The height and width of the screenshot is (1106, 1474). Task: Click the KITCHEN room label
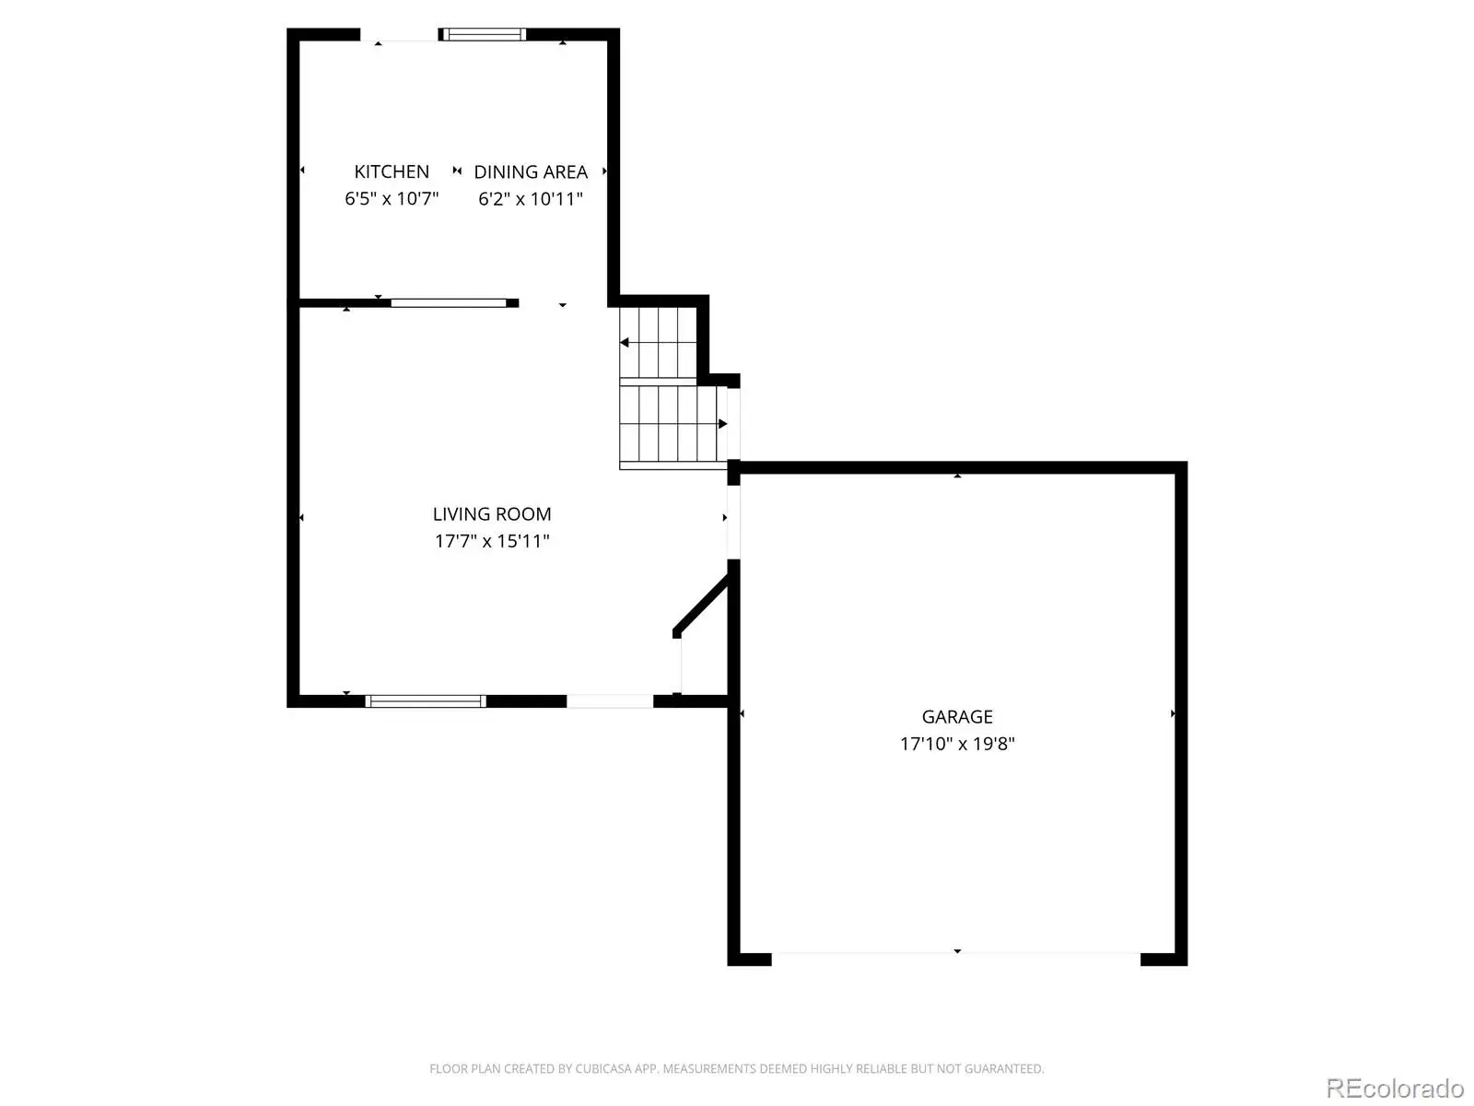click(x=392, y=172)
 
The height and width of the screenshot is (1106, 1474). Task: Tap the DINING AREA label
click(x=531, y=172)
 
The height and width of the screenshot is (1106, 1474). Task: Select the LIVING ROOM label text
click(x=492, y=514)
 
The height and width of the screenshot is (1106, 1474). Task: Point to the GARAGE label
click(x=957, y=717)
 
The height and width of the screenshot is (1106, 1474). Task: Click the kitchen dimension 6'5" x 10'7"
click(x=392, y=199)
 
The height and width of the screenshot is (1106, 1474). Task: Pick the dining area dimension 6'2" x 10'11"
click(x=531, y=199)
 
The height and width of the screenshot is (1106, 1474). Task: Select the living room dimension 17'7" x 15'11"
click(x=492, y=541)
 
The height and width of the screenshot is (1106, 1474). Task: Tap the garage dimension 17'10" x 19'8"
click(x=957, y=744)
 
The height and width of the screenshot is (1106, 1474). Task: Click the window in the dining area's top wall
click(x=482, y=34)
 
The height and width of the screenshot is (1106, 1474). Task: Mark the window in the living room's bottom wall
click(x=426, y=701)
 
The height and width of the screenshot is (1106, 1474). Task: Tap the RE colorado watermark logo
click(x=1396, y=1088)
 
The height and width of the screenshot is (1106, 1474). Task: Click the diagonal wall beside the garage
click(x=701, y=604)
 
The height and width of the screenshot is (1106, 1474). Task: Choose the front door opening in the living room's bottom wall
click(x=610, y=701)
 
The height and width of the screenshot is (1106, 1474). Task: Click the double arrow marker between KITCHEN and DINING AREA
click(x=457, y=171)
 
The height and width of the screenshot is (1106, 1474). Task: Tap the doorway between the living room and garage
click(x=733, y=522)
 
